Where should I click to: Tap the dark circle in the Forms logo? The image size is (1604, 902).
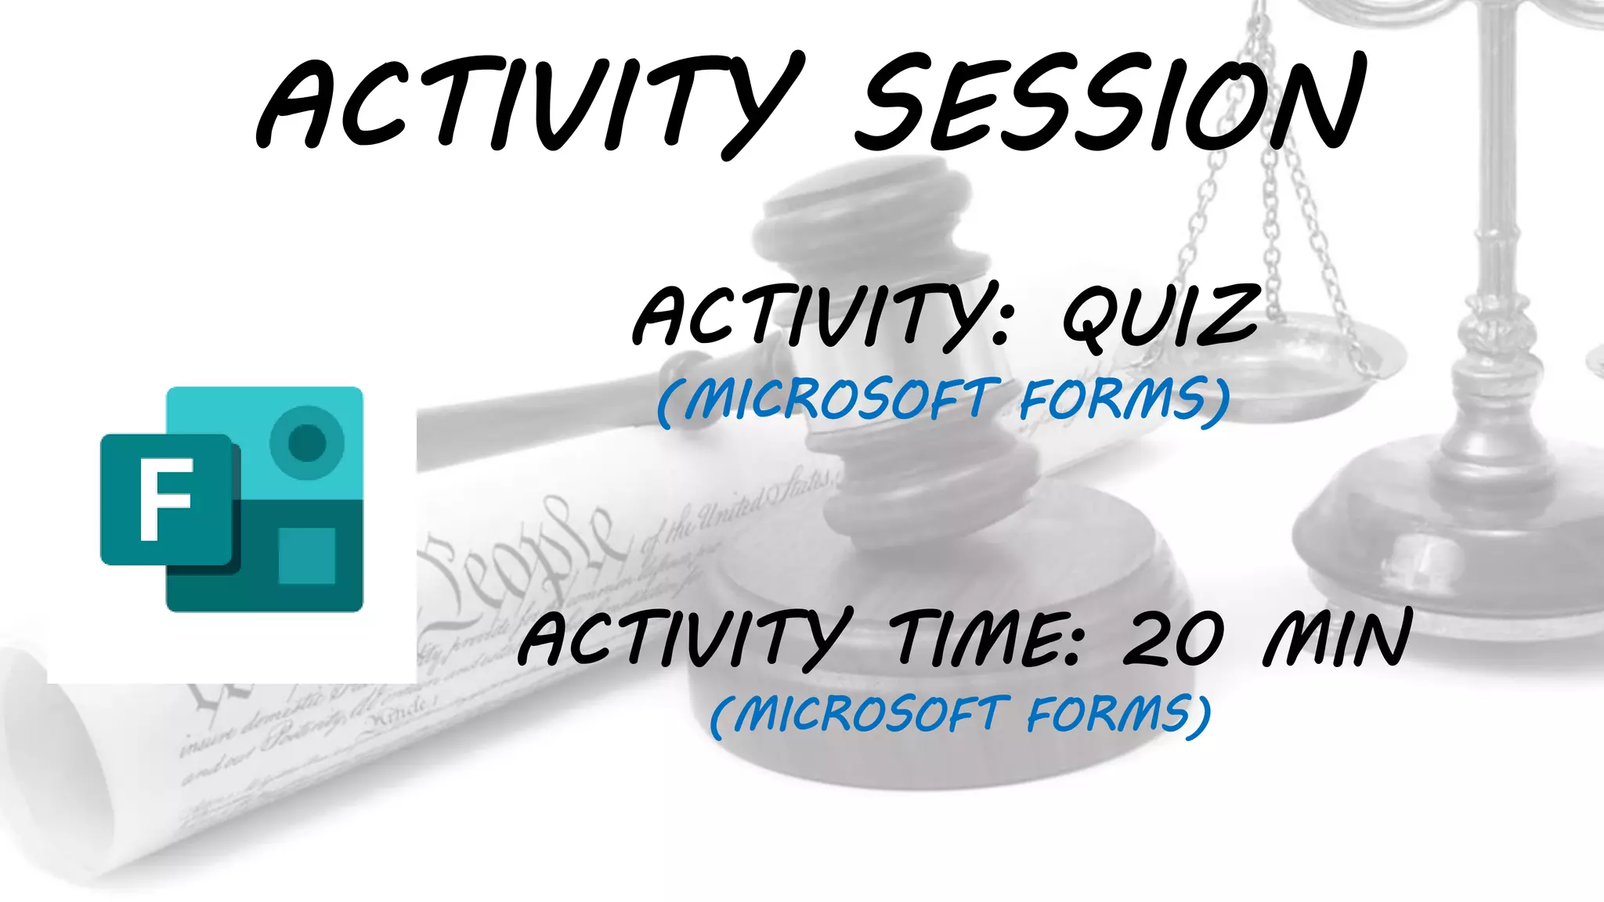pos(307,442)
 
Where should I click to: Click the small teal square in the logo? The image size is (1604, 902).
pos(307,555)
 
